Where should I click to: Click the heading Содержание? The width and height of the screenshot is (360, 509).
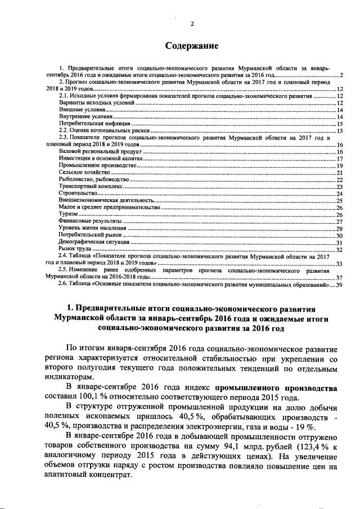[191, 44]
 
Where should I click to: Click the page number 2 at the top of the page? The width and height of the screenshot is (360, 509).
[191, 23]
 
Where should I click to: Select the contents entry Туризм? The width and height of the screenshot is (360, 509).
[68, 214]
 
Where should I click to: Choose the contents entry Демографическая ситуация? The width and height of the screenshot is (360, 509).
[93, 242]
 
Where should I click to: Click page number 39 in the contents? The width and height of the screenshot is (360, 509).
[339, 284]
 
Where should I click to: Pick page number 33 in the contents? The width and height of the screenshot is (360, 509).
[339, 263]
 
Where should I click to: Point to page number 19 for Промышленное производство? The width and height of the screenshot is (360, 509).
[339, 166]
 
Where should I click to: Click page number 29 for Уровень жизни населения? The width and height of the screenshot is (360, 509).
[339, 228]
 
